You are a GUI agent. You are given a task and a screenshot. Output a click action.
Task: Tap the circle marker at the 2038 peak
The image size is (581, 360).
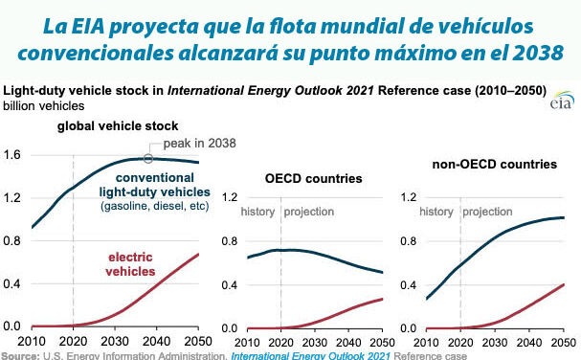coord(148,159)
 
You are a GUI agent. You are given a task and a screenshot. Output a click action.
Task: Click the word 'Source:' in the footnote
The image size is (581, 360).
coord(20,356)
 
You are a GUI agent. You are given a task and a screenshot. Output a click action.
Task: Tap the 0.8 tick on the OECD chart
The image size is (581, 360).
coord(229,242)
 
